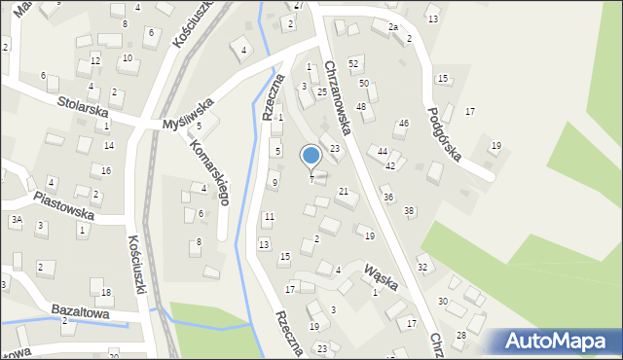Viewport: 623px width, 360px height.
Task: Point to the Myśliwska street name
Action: (188, 112)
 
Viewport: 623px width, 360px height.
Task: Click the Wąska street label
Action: (381, 273)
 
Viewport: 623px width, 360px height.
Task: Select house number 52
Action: (353, 62)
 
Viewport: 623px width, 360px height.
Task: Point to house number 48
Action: (360, 106)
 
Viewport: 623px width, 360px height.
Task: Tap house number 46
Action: (404, 124)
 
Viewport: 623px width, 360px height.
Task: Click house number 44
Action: (383, 152)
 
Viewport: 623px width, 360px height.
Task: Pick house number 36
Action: (387, 198)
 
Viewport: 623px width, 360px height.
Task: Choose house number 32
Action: (421, 267)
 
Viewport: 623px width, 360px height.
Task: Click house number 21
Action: (343, 192)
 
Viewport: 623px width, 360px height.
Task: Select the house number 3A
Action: (17, 220)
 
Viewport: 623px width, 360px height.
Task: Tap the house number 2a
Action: (393, 27)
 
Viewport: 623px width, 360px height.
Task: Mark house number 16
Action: (106, 170)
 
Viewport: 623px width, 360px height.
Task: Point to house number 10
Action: (127, 58)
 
